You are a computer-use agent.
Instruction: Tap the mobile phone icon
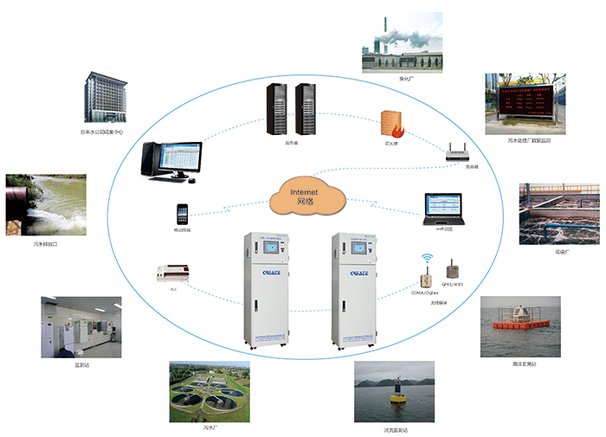point(182,214)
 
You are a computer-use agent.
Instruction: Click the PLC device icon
point(171,274)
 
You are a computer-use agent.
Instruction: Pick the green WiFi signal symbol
point(426,258)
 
